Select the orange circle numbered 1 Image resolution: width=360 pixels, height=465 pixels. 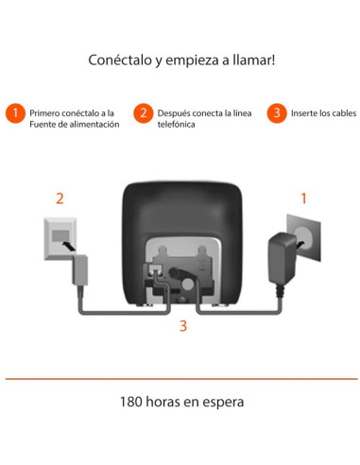click(14, 112)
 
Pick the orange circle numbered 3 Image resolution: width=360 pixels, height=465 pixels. click(277, 112)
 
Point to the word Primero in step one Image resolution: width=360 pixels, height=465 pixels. click(47, 112)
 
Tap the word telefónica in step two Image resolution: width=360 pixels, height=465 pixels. click(177, 125)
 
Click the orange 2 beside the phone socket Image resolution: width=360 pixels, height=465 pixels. click(60, 198)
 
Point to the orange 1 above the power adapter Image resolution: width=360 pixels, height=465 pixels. click(303, 198)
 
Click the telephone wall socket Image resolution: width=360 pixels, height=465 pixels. click(60, 237)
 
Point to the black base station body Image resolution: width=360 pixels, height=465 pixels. click(180, 213)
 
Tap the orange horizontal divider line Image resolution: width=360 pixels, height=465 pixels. click(180, 379)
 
